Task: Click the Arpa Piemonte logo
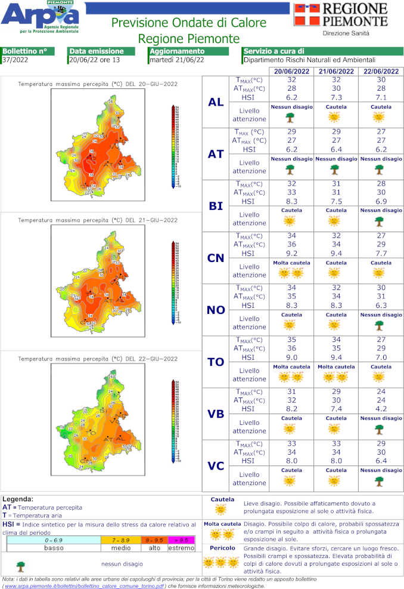click(40, 17)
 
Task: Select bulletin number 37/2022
click(14, 60)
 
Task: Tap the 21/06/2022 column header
click(337, 71)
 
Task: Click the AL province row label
click(216, 102)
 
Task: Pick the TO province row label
click(216, 362)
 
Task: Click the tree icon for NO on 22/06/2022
click(379, 325)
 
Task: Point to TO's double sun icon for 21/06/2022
click(337, 377)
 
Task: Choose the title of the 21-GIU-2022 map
click(97, 221)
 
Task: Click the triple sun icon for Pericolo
click(220, 562)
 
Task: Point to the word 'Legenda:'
click(18, 499)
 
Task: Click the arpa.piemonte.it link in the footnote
click(83, 586)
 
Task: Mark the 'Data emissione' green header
click(96, 51)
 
